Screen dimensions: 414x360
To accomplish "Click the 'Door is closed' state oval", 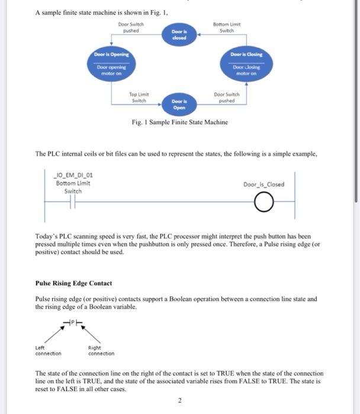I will click(179, 34).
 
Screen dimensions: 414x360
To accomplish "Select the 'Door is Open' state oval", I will click(179, 105).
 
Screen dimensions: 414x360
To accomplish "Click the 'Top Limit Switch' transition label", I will click(139, 98).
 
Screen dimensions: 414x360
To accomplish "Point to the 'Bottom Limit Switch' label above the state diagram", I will click(226, 27).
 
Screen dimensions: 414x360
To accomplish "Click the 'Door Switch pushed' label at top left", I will click(130, 27).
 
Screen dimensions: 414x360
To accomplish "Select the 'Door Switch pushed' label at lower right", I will click(227, 98).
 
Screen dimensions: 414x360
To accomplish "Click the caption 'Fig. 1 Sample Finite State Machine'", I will click(179, 122).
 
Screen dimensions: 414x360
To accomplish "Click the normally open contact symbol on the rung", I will click(73, 205).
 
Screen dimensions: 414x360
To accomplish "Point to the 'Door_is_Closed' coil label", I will click(263, 184).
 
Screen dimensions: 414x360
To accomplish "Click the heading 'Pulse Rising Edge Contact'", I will click(73, 283).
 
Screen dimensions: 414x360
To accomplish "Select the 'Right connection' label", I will click(101, 351).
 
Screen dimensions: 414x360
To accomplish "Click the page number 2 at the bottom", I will click(179, 400).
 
